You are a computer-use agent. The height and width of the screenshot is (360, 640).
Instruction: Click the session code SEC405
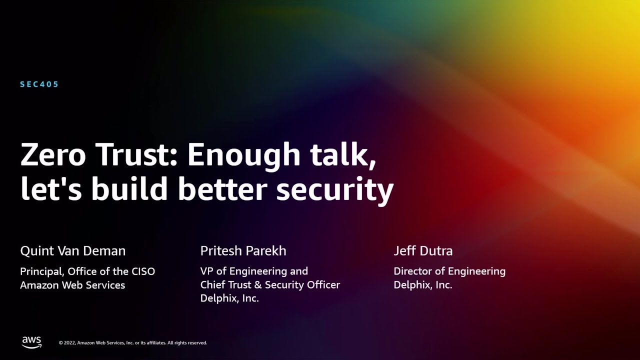39,84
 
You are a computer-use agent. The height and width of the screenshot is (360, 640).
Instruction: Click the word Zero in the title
52,155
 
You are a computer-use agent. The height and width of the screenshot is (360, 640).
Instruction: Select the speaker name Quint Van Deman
73,251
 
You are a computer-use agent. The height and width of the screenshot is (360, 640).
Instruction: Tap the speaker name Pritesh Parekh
243,251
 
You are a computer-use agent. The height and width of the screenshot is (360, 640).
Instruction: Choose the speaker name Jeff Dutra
423,251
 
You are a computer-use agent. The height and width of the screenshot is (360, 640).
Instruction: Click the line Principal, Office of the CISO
87,271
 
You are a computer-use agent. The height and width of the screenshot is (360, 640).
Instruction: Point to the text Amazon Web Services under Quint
72,285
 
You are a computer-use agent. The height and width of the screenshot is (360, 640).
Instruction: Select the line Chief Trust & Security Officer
270,285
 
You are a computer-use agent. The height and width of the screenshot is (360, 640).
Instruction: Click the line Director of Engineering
449,271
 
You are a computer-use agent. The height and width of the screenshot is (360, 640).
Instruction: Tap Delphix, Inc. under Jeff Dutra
423,285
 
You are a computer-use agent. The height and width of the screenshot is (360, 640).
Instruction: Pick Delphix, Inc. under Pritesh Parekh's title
229,299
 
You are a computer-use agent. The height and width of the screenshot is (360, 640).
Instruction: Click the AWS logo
31,342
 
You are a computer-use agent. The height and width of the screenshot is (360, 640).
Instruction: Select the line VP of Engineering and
254,271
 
